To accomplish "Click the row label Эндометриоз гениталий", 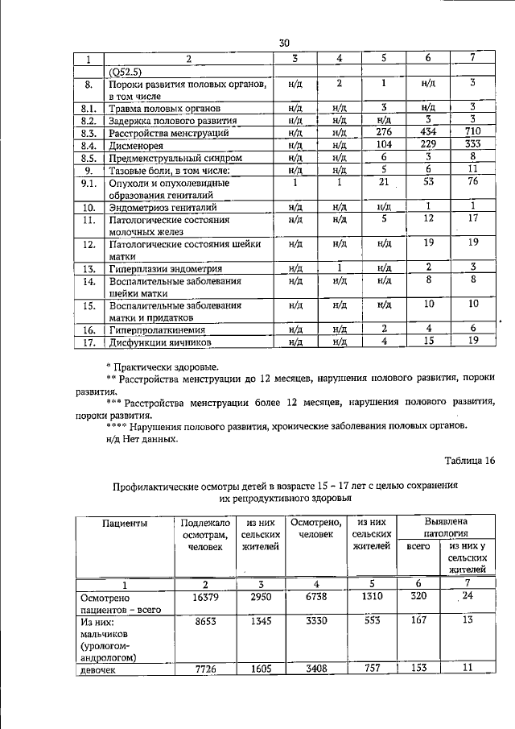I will click(x=163, y=206).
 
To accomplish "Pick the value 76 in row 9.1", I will click(x=473, y=183).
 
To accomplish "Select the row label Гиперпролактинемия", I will click(x=159, y=329).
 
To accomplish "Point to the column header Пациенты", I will click(x=124, y=524).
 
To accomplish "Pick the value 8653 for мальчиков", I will click(x=196, y=621).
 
